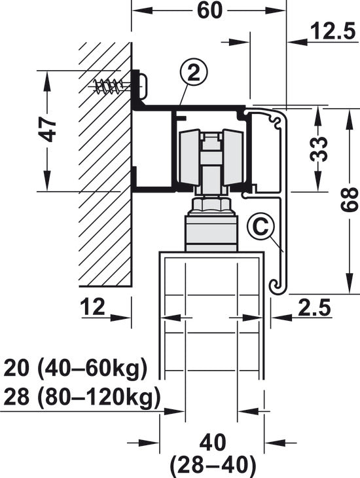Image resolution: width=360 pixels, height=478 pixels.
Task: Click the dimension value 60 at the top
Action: pyautogui.click(x=209, y=10)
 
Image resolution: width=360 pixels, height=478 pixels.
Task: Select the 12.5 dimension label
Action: pyautogui.click(x=333, y=31)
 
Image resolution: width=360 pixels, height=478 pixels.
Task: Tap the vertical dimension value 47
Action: pyautogui.click(x=49, y=130)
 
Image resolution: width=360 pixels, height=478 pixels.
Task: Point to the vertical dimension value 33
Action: pyautogui.click(x=319, y=149)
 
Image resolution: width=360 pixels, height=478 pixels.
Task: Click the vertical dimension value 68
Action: pyautogui.click(x=349, y=200)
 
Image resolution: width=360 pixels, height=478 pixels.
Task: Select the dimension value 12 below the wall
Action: pyautogui.click(x=93, y=306)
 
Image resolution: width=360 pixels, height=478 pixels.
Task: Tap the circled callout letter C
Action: pyautogui.click(x=261, y=227)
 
